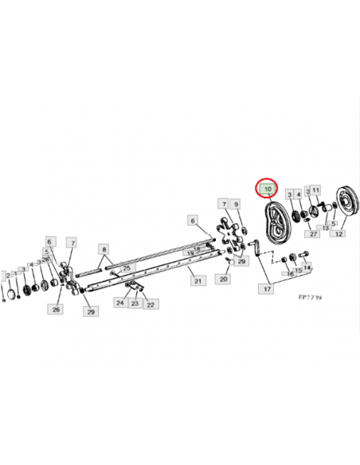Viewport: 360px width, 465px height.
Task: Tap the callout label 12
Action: [x=338, y=234]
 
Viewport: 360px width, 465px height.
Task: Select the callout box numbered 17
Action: [x=268, y=289]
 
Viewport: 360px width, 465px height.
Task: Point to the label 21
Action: [x=194, y=279]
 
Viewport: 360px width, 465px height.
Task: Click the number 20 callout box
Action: [x=223, y=279]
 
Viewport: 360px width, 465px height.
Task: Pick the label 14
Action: [x=307, y=267]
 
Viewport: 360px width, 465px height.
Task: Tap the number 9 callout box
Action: [x=237, y=204]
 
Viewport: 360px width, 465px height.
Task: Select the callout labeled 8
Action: [x=104, y=249]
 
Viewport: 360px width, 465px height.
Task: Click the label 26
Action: [x=57, y=309]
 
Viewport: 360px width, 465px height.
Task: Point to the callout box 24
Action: [x=120, y=303]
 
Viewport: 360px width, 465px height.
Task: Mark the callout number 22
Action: [x=151, y=304]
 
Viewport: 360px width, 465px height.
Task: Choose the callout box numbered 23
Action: [x=135, y=303]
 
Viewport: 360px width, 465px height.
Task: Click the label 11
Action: [x=316, y=190]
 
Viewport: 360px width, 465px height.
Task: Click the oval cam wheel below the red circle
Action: [x=276, y=224]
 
